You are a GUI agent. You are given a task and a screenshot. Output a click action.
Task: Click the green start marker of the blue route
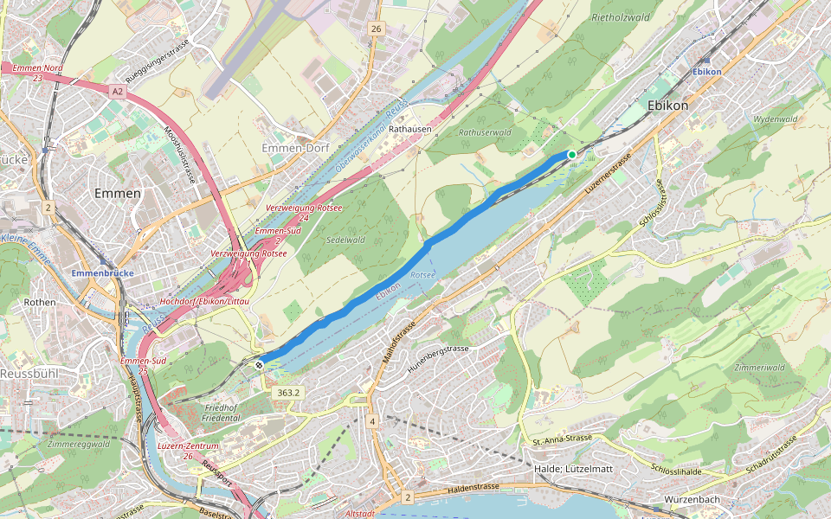coord(571,155)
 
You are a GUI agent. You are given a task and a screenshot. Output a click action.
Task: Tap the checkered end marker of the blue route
coord(259,365)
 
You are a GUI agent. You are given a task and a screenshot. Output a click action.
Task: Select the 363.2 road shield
coord(288,393)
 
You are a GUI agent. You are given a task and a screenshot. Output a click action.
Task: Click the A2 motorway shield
coord(118,89)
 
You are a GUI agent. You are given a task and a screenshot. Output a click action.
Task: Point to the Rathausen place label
coord(409,129)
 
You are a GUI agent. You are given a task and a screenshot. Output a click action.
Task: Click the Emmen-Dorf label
coord(295,148)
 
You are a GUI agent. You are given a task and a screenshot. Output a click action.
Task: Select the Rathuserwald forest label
coord(485,132)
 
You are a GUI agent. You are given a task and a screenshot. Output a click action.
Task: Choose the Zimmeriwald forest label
coord(759,368)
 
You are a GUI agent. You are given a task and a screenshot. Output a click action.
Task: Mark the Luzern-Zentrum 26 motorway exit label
coord(188,451)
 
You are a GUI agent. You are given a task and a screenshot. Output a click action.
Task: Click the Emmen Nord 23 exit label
coord(37,73)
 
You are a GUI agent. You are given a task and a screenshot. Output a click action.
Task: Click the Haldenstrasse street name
coord(473,488)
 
